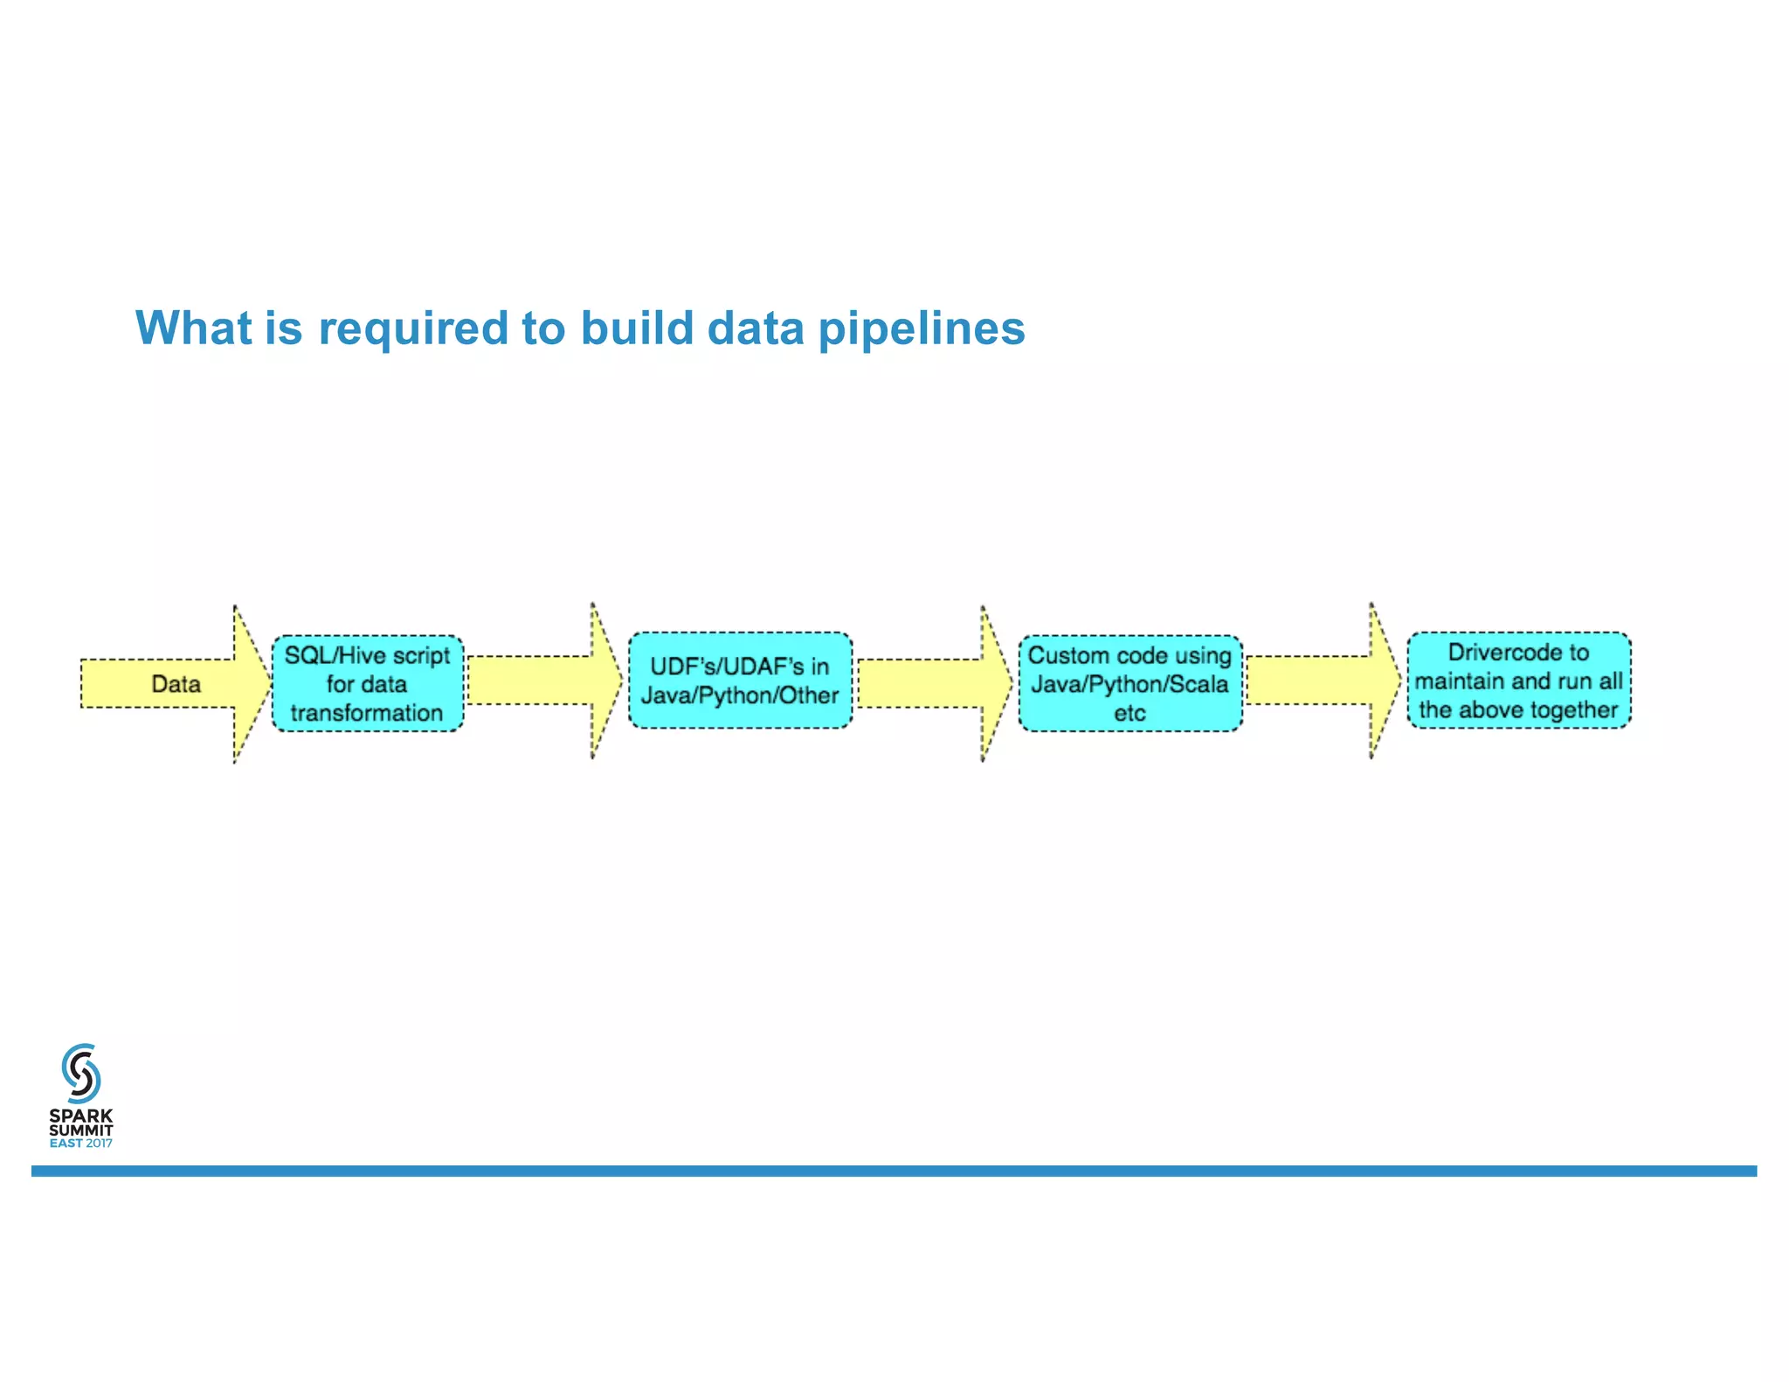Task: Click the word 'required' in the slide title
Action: [412, 329]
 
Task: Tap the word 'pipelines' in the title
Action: [922, 329]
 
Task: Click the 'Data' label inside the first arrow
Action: [176, 684]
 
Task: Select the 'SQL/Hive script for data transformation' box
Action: [368, 684]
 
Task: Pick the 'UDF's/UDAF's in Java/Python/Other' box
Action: [740, 681]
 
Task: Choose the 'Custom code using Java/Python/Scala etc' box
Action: [1129, 684]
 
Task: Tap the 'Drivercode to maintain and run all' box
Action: [1518, 681]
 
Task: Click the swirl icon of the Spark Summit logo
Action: [81, 1073]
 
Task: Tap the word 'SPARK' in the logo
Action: [81, 1116]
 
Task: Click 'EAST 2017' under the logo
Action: [81, 1144]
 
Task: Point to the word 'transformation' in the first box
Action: [367, 713]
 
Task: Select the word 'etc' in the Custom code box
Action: [1129, 713]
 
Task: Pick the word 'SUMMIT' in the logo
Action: [81, 1130]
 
